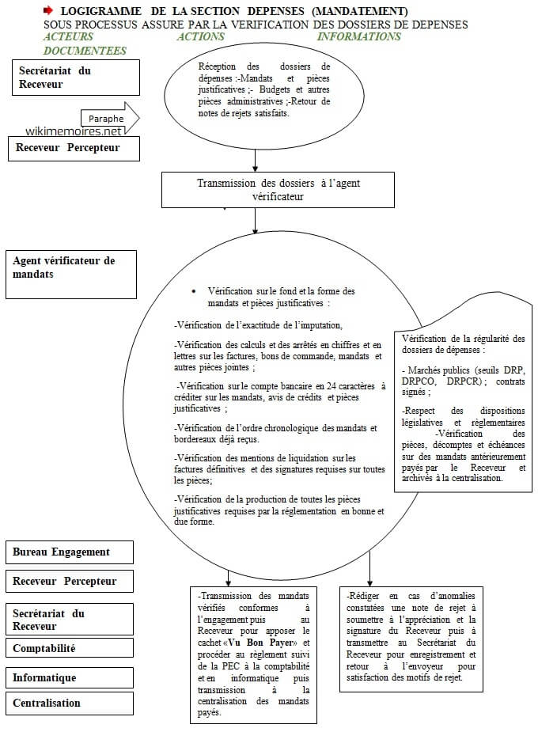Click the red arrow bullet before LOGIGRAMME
(x=48, y=11)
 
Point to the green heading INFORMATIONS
(x=358, y=36)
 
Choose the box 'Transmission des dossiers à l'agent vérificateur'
(x=277, y=190)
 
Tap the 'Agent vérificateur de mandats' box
(x=71, y=274)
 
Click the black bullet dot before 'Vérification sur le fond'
(x=194, y=291)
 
